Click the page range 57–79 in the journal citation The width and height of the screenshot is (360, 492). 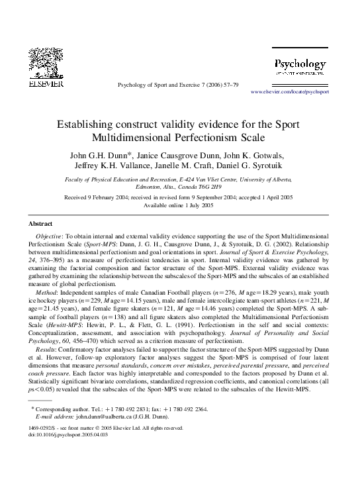pos(229,85)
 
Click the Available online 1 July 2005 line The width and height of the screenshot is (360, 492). pos(179,205)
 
